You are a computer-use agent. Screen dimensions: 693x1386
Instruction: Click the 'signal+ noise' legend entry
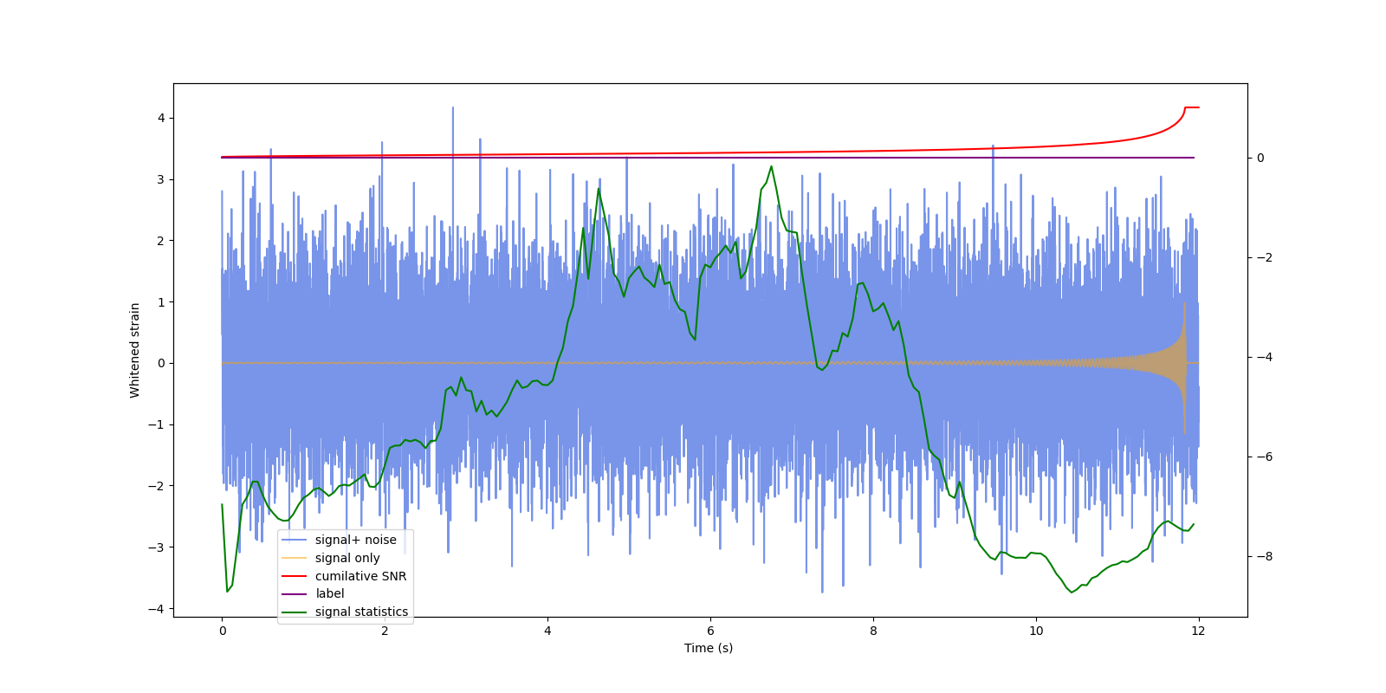tap(355, 540)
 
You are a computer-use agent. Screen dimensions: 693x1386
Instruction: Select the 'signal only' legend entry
tap(347, 558)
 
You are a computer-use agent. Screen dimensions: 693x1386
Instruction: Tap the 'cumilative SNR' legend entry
tap(360, 576)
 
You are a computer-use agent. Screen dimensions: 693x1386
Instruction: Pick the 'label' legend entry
tap(329, 593)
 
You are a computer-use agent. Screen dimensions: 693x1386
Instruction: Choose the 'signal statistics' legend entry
tap(361, 612)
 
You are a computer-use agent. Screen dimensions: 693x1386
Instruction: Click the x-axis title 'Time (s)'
tap(709, 648)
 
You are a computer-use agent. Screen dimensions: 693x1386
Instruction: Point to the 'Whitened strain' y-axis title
tap(134, 350)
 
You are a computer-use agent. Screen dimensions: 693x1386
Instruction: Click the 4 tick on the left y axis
tap(161, 118)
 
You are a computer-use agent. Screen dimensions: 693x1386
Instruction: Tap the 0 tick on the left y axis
tap(161, 363)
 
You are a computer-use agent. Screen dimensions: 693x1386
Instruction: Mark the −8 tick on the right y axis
tap(1260, 556)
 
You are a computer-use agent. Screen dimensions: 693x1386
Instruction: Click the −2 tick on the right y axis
tap(1260, 257)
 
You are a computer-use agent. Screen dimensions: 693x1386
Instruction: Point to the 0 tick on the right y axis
tap(1260, 158)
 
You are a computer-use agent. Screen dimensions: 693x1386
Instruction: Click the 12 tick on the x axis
tap(1198, 631)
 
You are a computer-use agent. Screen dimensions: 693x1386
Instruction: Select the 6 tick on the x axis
tap(710, 631)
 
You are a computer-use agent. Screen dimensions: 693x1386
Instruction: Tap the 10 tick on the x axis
tap(1036, 631)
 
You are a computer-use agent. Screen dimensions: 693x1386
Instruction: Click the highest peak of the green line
tap(771, 166)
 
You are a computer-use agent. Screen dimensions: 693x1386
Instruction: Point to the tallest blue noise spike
tap(452, 108)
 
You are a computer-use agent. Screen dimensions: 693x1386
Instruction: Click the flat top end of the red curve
tap(1192, 107)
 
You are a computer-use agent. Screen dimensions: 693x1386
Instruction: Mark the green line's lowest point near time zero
tap(227, 592)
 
